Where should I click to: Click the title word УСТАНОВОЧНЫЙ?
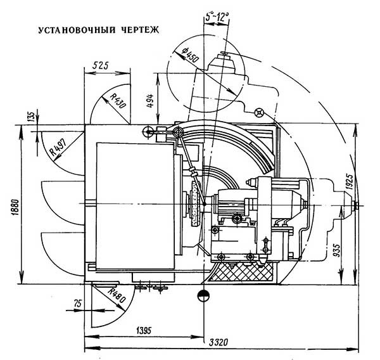[77, 30]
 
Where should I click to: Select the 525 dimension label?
[101, 66]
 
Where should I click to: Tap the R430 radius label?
[118, 101]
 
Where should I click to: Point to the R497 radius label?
[58, 147]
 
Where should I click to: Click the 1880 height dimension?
[15, 207]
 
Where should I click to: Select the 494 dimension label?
[150, 100]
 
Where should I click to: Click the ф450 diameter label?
[191, 55]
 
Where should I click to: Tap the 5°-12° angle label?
[217, 17]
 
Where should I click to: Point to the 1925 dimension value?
[349, 181]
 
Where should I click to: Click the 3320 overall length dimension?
[218, 342]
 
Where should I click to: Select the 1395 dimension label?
[143, 330]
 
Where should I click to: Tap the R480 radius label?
[117, 295]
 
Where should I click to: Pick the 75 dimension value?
[78, 304]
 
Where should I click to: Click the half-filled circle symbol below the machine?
[203, 295]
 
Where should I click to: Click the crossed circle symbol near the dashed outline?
[259, 113]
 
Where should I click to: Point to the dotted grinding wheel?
[196, 204]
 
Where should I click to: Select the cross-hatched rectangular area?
[241, 271]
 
